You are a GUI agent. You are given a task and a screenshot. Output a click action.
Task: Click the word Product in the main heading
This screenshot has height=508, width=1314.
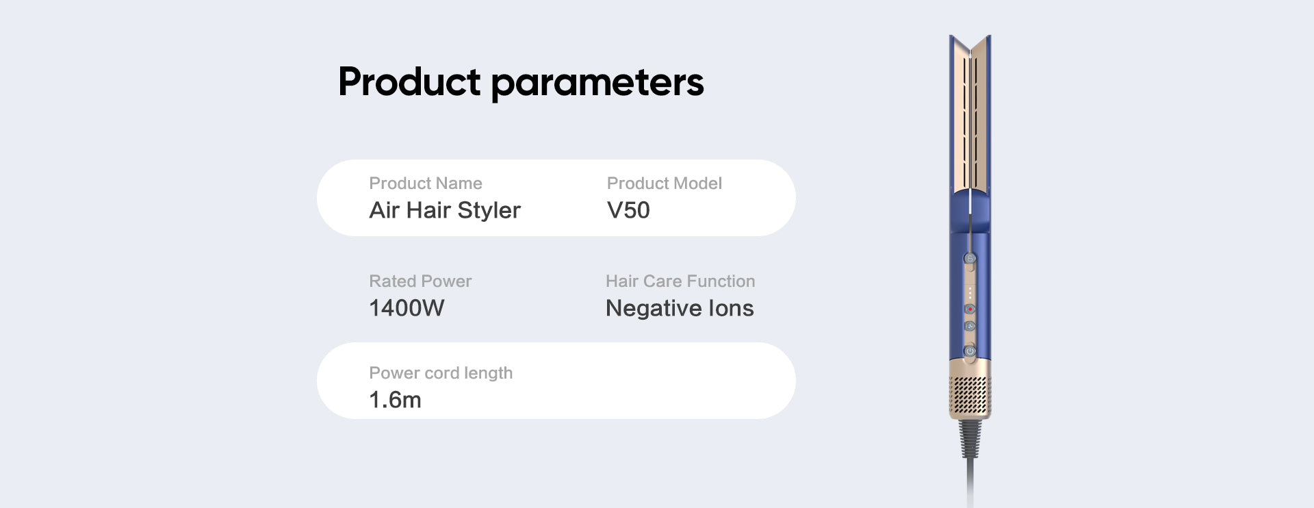409,81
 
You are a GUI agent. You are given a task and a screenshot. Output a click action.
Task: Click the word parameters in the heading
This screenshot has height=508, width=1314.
597,84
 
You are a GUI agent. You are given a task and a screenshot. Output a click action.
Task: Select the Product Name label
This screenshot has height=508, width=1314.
426,183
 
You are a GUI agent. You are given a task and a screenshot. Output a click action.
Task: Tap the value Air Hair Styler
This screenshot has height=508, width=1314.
445,210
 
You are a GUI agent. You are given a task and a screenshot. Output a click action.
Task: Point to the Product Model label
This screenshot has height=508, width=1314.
665,183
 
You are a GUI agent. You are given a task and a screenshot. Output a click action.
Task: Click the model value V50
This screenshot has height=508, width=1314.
628,210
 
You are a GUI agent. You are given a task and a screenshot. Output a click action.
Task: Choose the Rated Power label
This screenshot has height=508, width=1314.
420,281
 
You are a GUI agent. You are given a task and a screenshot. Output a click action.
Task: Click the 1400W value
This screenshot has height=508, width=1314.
407,308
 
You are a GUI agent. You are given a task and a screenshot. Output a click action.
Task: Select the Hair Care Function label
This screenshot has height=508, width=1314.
680,281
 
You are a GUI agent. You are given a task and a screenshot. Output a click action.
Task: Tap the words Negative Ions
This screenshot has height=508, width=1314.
680,309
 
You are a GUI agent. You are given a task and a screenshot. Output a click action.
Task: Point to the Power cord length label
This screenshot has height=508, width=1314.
441,373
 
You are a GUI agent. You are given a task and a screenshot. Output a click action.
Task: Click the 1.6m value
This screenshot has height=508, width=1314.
395,400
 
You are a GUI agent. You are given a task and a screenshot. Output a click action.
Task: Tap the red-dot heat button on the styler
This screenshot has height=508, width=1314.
970,309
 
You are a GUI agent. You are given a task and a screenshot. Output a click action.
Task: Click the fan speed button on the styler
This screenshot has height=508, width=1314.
970,327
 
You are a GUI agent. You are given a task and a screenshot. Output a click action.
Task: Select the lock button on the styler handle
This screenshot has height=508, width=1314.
970,258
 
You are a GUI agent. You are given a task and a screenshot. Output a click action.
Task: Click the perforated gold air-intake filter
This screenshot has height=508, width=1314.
970,396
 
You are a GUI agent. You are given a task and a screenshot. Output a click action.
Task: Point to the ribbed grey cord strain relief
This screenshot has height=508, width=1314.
970,438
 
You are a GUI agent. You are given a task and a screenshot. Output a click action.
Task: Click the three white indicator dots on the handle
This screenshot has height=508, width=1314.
970,292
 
